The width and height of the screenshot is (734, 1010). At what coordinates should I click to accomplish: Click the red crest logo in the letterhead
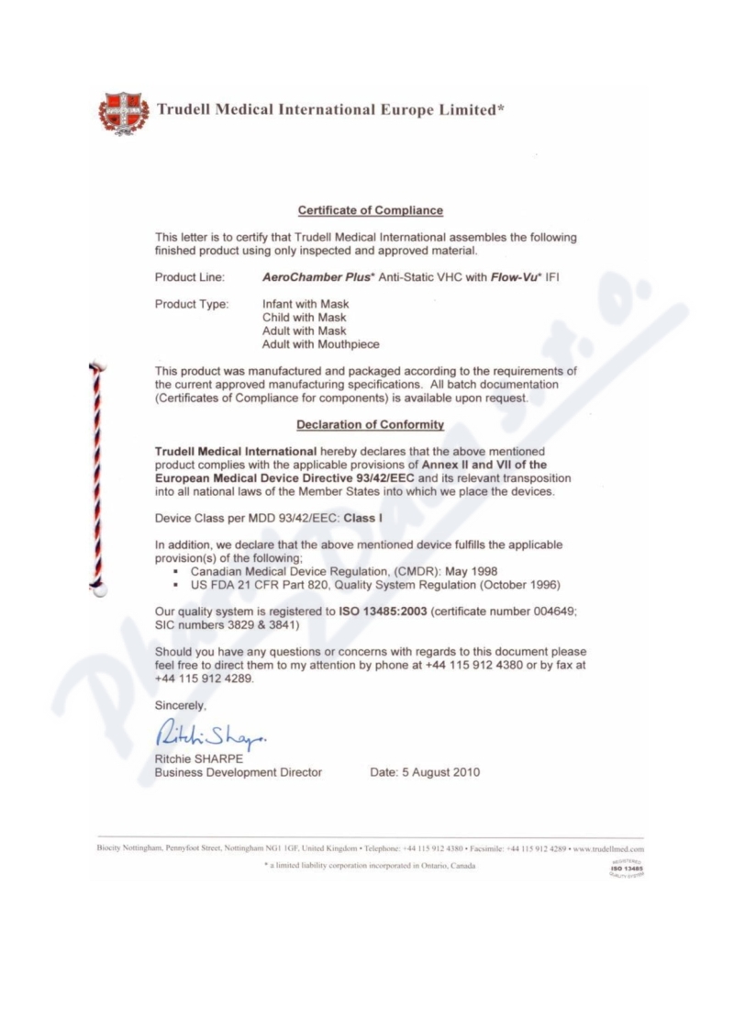coord(123,114)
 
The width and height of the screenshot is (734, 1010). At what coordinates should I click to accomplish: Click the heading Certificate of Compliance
coord(370,210)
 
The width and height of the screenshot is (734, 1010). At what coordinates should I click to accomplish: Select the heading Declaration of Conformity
coord(370,425)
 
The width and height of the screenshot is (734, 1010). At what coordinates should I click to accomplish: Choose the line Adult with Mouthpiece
coord(321,344)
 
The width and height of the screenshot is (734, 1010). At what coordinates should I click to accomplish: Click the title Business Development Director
coord(239,772)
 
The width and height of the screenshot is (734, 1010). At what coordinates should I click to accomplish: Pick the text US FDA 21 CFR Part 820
coord(261,585)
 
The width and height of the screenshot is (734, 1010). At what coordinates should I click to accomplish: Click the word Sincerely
coord(181,706)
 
